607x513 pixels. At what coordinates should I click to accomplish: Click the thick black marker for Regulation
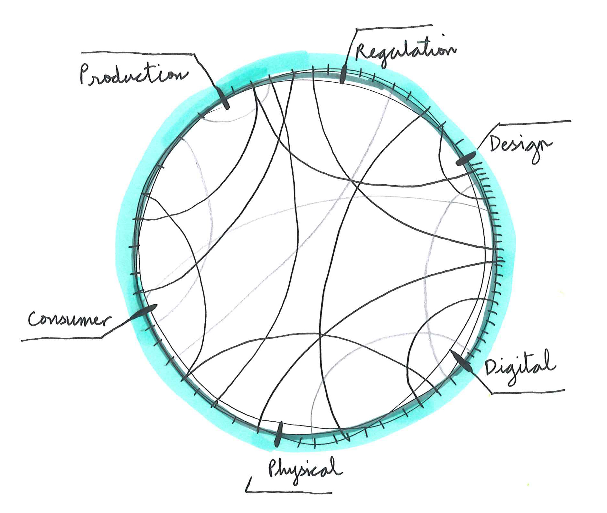[343, 74]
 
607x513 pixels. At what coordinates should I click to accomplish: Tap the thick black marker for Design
[465, 159]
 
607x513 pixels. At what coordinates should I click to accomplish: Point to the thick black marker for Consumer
[145, 311]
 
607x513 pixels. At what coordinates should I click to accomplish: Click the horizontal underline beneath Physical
[290, 492]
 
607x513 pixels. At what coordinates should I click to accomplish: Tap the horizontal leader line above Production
[138, 53]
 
